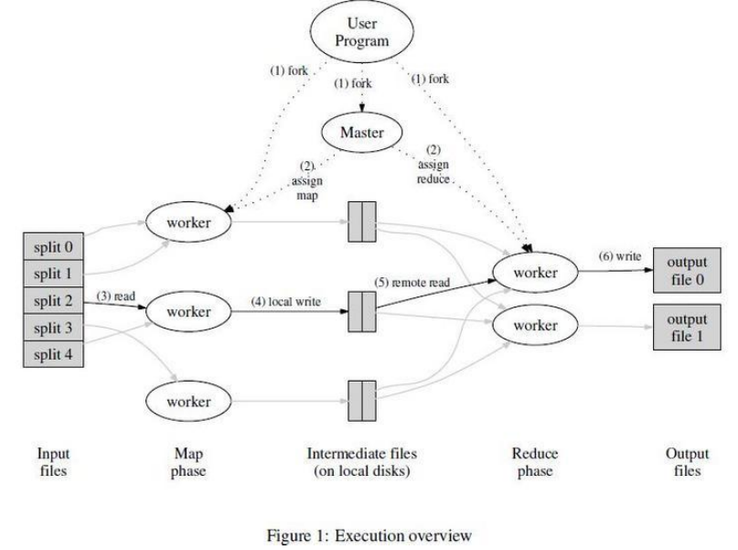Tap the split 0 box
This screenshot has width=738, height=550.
pos(51,248)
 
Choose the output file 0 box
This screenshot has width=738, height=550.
pos(687,271)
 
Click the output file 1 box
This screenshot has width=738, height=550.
pos(687,326)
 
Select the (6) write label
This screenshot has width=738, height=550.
pos(619,257)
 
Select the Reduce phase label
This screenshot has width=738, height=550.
pos(535,463)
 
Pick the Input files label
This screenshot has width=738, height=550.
pos(51,463)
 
